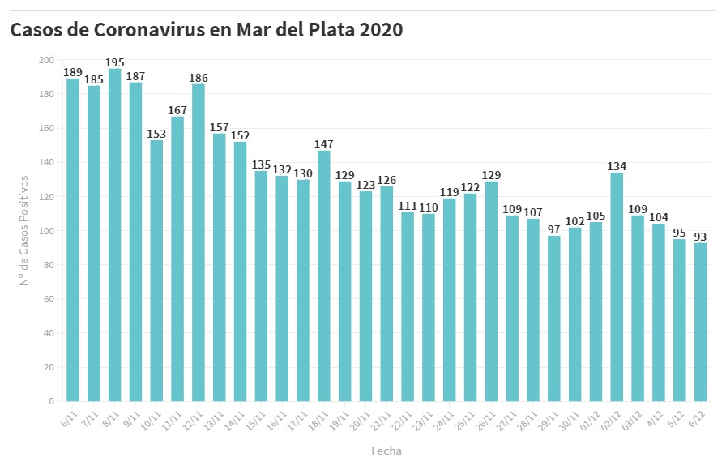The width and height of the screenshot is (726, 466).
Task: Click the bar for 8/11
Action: (115, 235)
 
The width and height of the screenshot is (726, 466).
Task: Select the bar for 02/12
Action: (617, 287)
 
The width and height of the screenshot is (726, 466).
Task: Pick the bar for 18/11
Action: (324, 276)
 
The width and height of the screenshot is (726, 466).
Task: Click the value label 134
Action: (617, 167)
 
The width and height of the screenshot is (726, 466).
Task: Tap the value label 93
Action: (700, 237)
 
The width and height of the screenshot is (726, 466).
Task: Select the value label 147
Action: (324, 145)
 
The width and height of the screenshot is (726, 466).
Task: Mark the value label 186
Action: (199, 79)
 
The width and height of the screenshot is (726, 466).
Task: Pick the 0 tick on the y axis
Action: (51, 401)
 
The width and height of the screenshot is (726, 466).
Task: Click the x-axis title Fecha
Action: (386, 451)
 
